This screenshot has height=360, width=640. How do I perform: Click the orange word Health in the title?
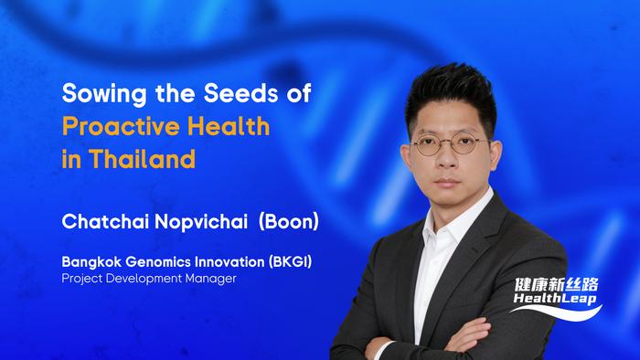[x=225, y=126]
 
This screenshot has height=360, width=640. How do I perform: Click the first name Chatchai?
[x=100, y=221]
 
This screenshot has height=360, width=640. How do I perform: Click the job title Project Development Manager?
[x=149, y=279]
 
